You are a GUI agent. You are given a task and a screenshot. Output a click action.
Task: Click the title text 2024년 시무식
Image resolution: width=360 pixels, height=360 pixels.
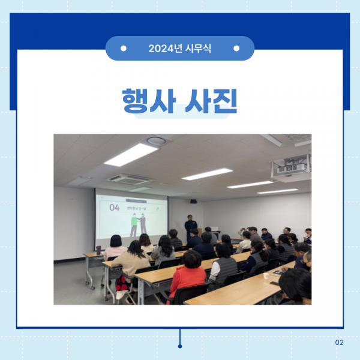179,48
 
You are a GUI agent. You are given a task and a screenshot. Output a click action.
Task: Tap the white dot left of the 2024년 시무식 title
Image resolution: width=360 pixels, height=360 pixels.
124,48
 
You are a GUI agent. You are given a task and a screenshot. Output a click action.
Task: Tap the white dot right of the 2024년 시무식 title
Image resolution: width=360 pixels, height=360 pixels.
236,48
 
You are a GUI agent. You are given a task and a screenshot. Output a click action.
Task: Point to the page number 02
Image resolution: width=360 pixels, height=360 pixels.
339,343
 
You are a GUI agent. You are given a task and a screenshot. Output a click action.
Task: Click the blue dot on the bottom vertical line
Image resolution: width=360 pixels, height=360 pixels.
179,346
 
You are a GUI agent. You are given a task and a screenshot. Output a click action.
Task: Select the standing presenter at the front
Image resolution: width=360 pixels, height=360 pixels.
190,226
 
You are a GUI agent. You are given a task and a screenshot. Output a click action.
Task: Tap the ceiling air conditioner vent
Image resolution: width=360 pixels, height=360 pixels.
130,178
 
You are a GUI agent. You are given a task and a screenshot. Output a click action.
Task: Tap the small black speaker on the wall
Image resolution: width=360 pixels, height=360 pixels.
193,201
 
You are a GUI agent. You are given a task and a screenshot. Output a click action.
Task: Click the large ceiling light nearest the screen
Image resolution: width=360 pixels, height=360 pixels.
131,154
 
